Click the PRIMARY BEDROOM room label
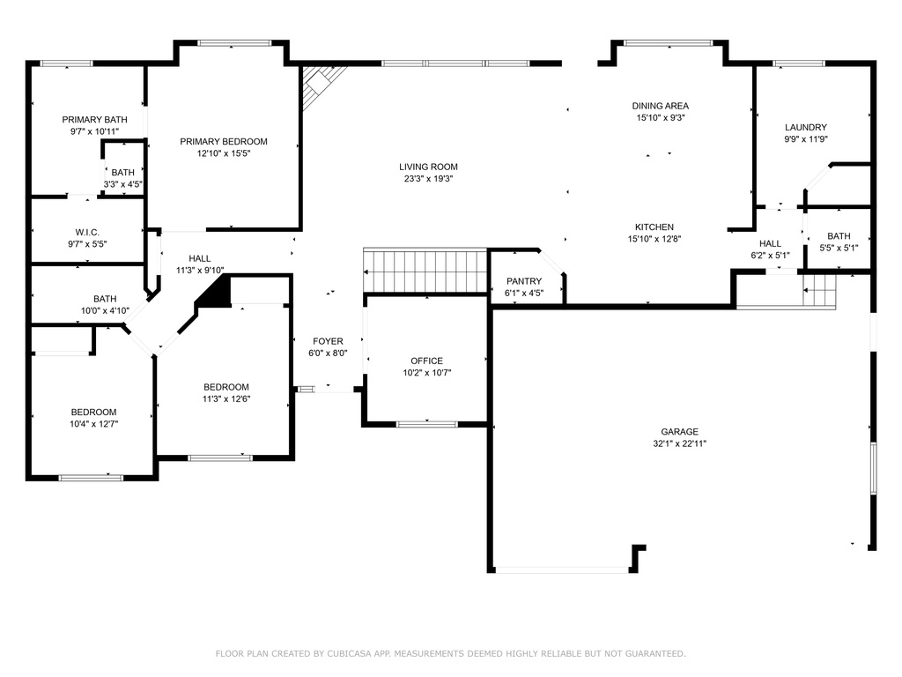pos(223,142)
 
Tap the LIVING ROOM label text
pos(429,167)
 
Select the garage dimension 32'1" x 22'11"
pos(679,444)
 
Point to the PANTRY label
pos(523,281)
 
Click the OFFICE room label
pos(427,361)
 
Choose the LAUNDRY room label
pos(806,127)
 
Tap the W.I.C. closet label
pos(87,233)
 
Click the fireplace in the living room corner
pos(323,86)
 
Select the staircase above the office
pos(425,271)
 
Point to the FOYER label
pos(328,341)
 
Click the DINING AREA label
pos(661,106)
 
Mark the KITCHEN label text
pos(654,227)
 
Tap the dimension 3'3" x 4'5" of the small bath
pos(123,185)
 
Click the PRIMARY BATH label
pos(95,120)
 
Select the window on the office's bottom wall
pos(427,425)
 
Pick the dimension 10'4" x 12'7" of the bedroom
pos(93,424)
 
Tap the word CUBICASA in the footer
pos(349,654)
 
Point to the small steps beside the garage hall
pos(819,291)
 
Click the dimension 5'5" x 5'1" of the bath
pos(839,248)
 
